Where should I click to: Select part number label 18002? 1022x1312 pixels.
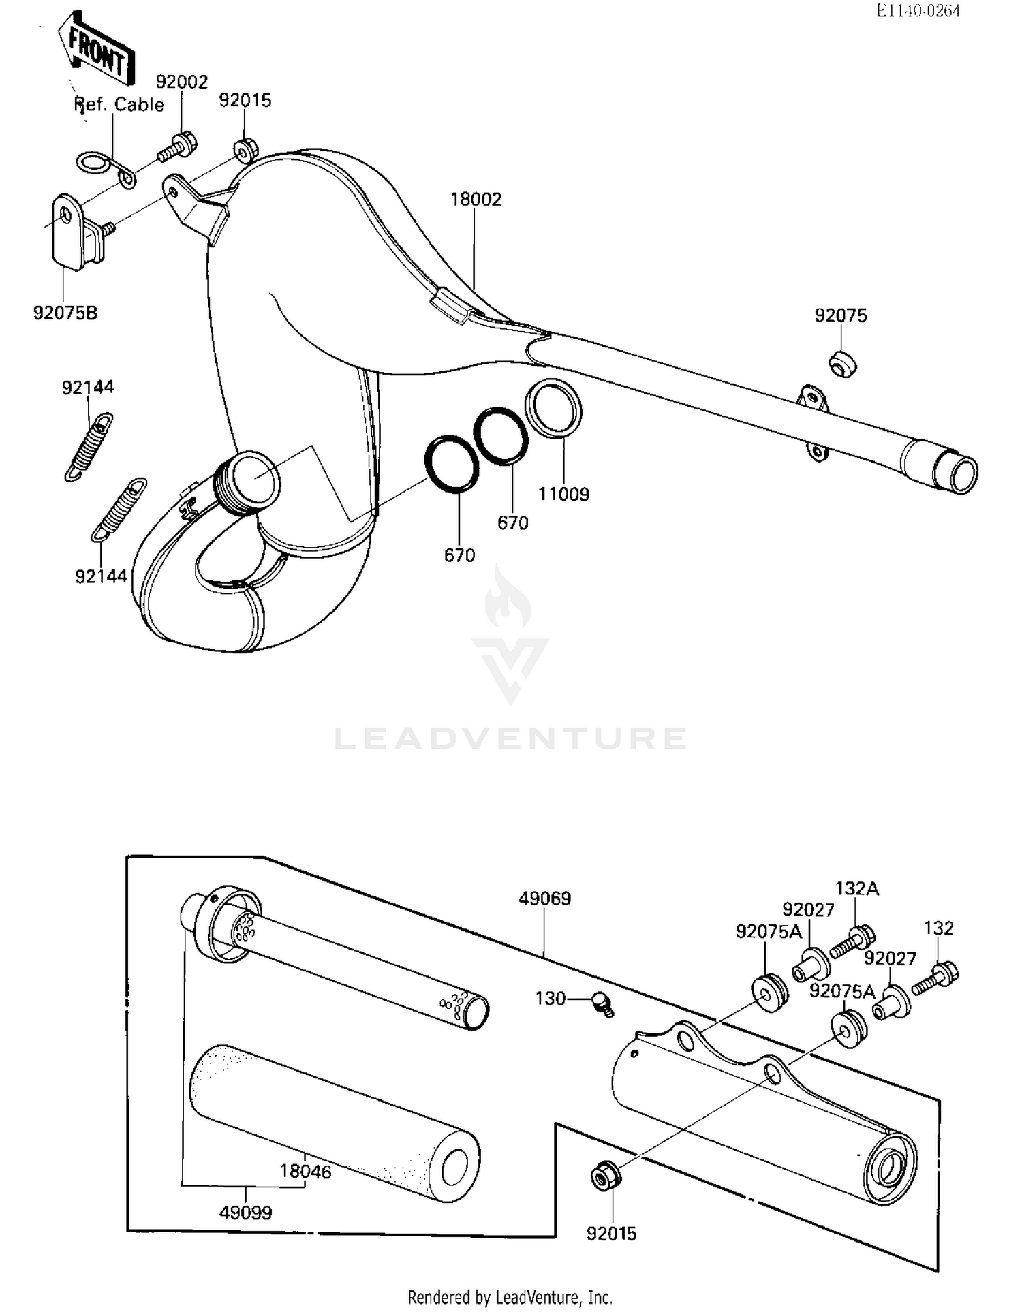(x=476, y=200)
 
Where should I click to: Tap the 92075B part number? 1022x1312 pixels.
(x=65, y=313)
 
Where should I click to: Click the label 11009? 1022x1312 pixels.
(x=563, y=494)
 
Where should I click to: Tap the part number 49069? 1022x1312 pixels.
(x=544, y=899)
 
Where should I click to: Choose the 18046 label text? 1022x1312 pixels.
(x=305, y=1172)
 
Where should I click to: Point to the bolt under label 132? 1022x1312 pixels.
(x=936, y=977)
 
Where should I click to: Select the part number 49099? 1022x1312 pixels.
(x=245, y=1213)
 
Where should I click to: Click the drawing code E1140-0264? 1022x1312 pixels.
(x=918, y=10)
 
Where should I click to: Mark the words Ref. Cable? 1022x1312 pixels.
(x=119, y=105)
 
